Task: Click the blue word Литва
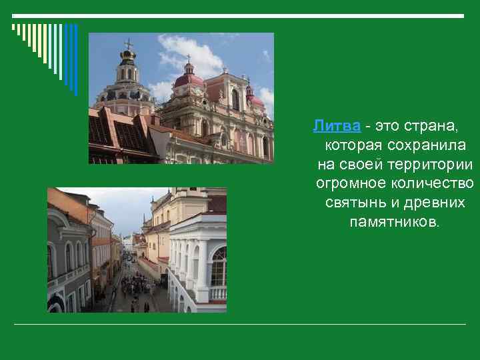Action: (x=337, y=125)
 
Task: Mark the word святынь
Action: (x=352, y=202)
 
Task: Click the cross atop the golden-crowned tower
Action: (x=127, y=44)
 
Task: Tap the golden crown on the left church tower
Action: (x=127, y=54)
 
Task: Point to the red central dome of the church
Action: (x=189, y=80)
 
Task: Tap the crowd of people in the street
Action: (x=138, y=285)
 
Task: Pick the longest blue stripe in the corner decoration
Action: (x=75, y=60)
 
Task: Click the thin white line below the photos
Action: (x=240, y=325)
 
